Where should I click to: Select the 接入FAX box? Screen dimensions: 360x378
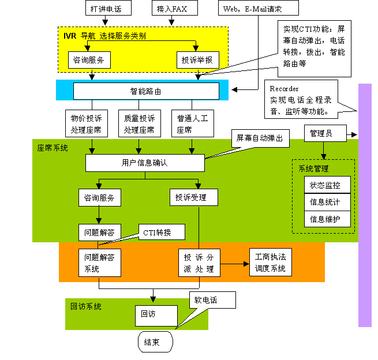point(172,9)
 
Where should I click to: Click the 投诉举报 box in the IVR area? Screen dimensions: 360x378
point(197,59)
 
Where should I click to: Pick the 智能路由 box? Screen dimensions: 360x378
point(146,91)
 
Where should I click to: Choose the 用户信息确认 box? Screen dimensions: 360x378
point(145,163)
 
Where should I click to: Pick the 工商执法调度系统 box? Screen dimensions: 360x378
point(270,263)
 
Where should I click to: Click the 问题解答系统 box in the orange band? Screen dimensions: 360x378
point(99,263)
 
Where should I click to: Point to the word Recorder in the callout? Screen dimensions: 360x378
point(284,89)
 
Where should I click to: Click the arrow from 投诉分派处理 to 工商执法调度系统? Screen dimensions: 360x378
point(234,264)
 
